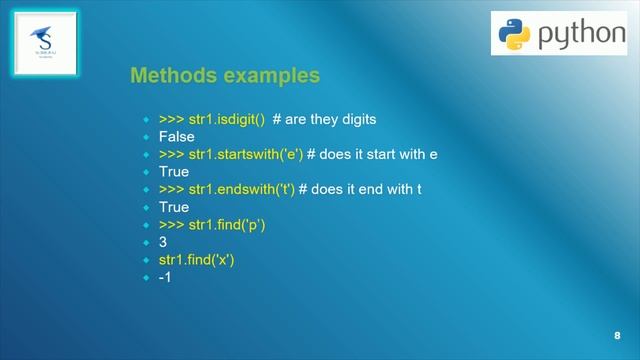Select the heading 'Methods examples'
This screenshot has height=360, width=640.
225,76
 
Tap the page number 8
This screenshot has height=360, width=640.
617,335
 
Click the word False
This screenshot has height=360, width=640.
177,137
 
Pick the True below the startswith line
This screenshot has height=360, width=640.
174,172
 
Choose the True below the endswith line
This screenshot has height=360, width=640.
174,207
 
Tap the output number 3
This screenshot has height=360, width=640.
163,242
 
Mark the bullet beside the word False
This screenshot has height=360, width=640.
146,137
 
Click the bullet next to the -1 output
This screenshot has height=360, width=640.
146,277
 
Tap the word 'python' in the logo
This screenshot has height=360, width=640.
581,35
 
